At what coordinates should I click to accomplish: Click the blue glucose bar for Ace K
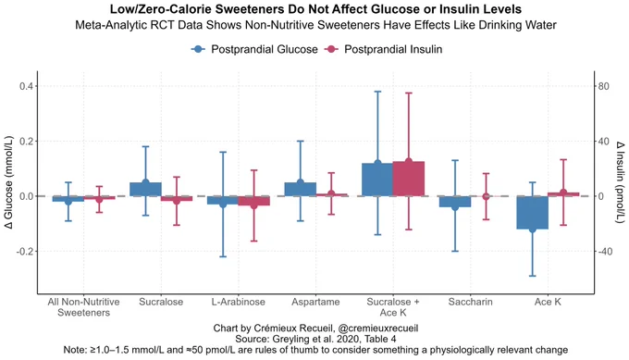click(532, 213)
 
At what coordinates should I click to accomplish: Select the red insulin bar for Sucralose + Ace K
click(408, 179)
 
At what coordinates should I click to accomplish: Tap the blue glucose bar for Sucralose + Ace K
click(377, 180)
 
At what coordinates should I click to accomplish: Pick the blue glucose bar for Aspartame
click(300, 189)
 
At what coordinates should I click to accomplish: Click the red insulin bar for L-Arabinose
click(253, 201)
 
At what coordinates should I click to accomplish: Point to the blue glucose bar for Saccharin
click(455, 202)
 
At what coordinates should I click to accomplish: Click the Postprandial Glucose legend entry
click(254, 49)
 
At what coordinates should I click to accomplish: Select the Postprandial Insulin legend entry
click(384, 49)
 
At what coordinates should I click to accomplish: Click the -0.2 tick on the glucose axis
click(27, 252)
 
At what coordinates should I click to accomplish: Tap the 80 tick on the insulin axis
click(603, 86)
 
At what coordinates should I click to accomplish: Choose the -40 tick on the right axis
click(605, 252)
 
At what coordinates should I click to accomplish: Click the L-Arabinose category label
click(239, 302)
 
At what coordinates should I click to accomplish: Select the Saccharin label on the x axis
click(470, 302)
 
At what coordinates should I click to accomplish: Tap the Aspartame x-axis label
click(315, 302)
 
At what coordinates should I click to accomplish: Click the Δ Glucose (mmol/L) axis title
click(9, 182)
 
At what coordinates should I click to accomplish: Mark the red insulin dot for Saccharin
click(486, 196)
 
